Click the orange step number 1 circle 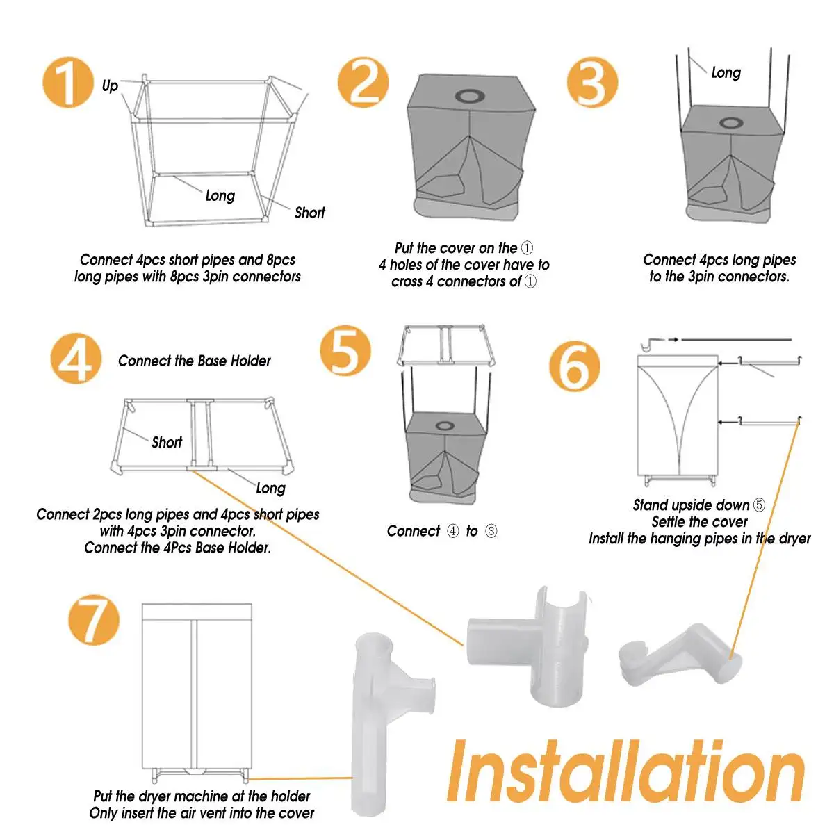(68, 82)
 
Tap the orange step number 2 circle (363, 82)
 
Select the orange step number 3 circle (593, 82)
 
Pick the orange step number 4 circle (76, 359)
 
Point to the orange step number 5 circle (345, 350)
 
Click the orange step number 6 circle (575, 366)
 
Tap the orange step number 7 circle (94, 620)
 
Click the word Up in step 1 (110, 86)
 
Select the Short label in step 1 (310, 213)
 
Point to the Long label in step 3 (726, 73)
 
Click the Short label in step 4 (167, 442)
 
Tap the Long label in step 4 (271, 489)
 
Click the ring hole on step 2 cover (469, 96)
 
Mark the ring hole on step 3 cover (731, 123)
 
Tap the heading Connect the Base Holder (195, 361)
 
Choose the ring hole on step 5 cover (445, 426)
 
